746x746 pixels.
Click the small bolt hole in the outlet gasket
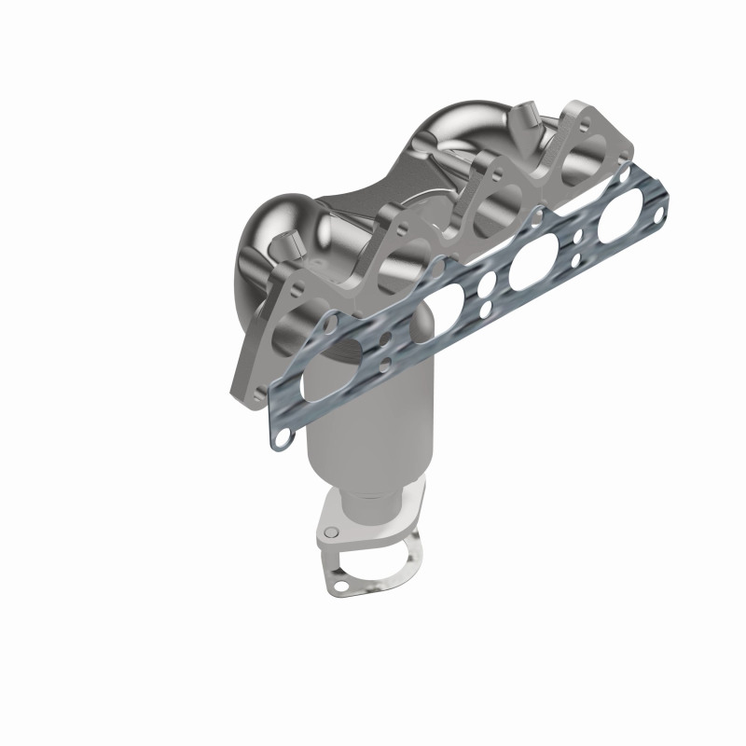[340, 585]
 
